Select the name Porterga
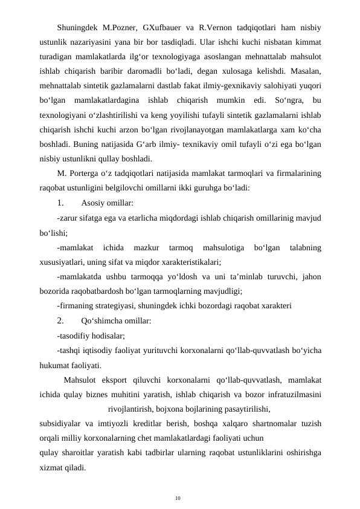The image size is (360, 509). [x=86, y=174]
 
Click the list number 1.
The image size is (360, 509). [x=60, y=203]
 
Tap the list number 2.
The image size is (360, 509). [x=60, y=320]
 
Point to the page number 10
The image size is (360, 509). [x=178, y=498]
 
